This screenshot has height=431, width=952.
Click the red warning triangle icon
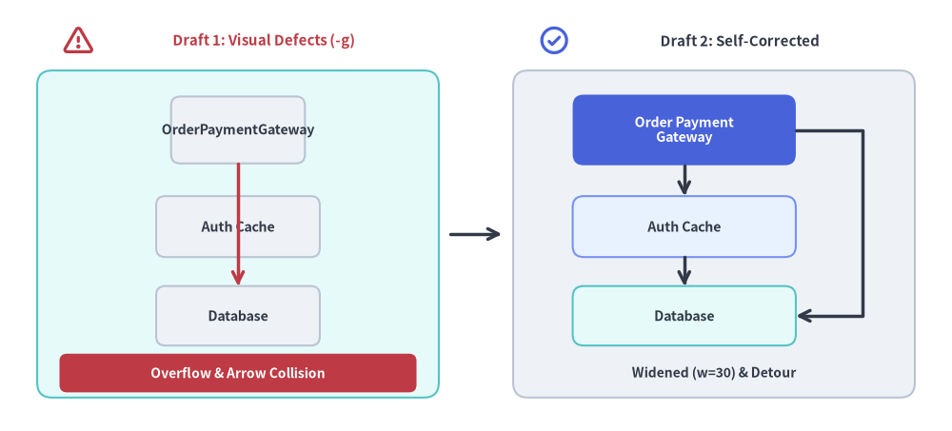coord(78,41)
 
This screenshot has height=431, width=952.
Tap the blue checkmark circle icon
coord(554,41)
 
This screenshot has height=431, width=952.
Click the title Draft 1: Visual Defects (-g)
coord(264,41)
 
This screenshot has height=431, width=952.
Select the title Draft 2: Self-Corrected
coord(740,41)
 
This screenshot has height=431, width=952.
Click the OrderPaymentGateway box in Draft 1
coord(238,130)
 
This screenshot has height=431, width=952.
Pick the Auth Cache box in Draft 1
coord(238,226)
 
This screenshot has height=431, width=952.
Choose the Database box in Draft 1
coord(238,316)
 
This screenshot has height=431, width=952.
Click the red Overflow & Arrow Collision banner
coord(238,373)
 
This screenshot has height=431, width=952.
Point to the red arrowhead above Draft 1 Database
coord(238,278)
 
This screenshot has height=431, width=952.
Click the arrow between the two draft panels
coord(475,234)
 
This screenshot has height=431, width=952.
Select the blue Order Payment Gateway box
coord(684,130)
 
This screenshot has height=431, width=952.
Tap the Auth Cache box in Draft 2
coord(684,226)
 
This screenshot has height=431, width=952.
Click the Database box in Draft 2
coord(684,316)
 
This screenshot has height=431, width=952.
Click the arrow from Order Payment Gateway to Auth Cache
coord(684,180)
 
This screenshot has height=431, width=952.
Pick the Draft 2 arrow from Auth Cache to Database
coord(684,271)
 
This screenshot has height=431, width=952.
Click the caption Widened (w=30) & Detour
coord(713,372)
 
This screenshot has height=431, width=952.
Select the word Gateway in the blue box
coord(684,137)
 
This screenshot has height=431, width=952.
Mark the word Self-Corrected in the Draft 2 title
coord(767,41)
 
